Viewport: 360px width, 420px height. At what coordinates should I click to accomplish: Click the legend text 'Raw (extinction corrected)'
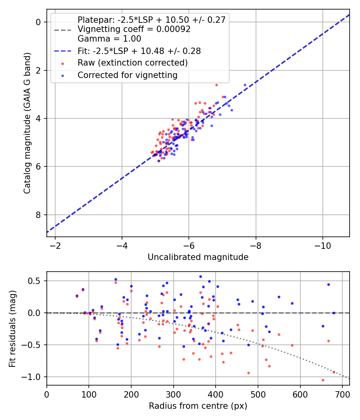pos(132,63)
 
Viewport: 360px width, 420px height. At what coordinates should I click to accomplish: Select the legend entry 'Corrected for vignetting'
pos(127,75)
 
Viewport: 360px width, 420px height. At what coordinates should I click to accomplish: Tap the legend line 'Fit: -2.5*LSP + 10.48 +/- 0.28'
pos(139,51)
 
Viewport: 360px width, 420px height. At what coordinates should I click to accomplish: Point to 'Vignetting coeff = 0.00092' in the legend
pos(134,29)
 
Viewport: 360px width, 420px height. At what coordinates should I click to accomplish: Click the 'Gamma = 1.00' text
pos(109,39)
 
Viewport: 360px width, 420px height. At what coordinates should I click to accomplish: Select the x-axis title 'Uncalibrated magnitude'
pos(198,257)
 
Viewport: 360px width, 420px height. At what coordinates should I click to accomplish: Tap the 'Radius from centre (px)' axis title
pos(198,406)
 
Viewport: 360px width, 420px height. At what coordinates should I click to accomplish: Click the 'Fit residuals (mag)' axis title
pos(12,328)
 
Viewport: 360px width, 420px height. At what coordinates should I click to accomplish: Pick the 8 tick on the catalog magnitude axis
pos(38,215)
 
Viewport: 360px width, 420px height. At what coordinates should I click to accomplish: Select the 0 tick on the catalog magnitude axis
pos(38,22)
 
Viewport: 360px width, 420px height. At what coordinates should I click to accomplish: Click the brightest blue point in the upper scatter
pos(245,85)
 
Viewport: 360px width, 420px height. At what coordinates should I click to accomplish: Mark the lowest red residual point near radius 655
pos(323,380)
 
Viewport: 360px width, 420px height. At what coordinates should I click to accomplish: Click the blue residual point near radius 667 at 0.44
pos(328,284)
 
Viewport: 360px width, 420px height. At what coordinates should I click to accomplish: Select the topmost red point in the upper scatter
pos(216,85)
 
